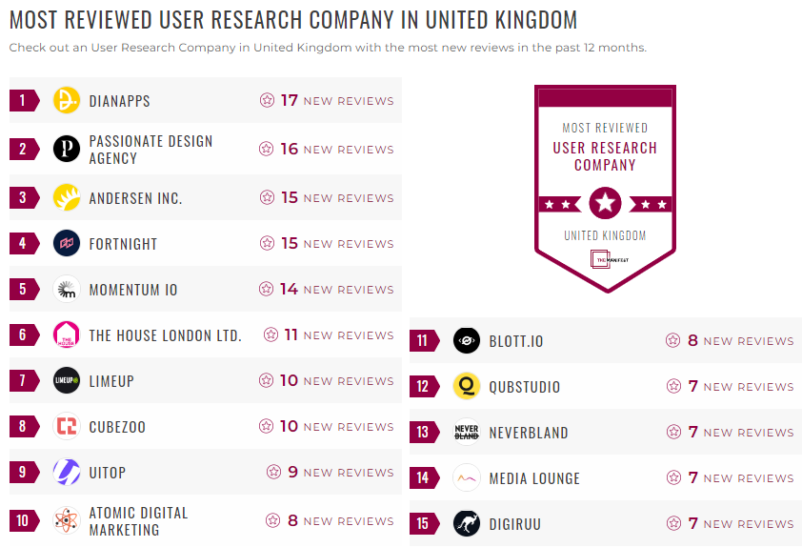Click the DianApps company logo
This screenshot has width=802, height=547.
pos(67,100)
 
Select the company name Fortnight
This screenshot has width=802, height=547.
pos(123,244)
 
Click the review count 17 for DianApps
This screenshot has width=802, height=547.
pos(290,100)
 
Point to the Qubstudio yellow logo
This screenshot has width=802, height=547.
pos(467,386)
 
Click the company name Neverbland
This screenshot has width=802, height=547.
pos(529,433)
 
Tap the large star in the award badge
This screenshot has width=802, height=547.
pos(605,202)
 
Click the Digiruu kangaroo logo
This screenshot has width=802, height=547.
pos(467,523)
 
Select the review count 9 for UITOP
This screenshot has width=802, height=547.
pos(293,472)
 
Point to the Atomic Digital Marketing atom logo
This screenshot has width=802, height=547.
pos(67,520)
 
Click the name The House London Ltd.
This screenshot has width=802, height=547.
pos(165,335)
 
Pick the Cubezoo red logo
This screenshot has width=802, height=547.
pos(67,426)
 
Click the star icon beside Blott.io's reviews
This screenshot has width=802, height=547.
pos(673,340)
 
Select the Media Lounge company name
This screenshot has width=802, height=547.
pos(534,478)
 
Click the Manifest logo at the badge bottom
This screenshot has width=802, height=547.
pos(605,258)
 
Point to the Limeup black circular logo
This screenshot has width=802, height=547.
pos(67,380)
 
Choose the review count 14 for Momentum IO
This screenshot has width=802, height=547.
pos(290,289)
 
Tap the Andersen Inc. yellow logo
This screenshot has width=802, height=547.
pos(67,197)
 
